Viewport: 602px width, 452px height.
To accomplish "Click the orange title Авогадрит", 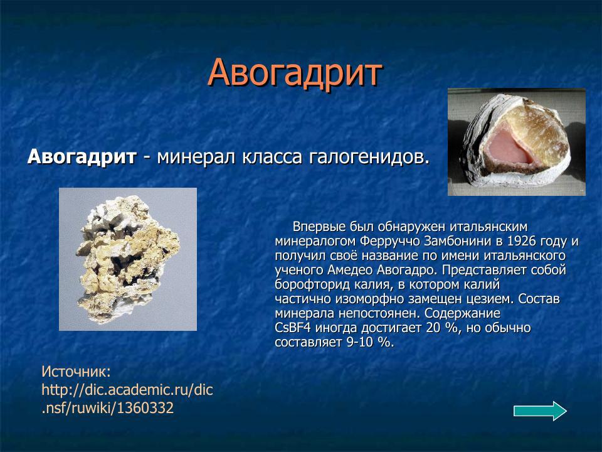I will point(295,73).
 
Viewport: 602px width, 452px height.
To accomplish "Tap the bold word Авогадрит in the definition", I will point(82,156).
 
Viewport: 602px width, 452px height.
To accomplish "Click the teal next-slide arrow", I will point(540,411).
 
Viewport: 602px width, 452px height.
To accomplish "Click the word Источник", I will point(76,372).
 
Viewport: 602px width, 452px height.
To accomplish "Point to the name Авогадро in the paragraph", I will point(407,270).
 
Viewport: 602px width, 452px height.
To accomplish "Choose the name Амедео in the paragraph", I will point(351,270).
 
